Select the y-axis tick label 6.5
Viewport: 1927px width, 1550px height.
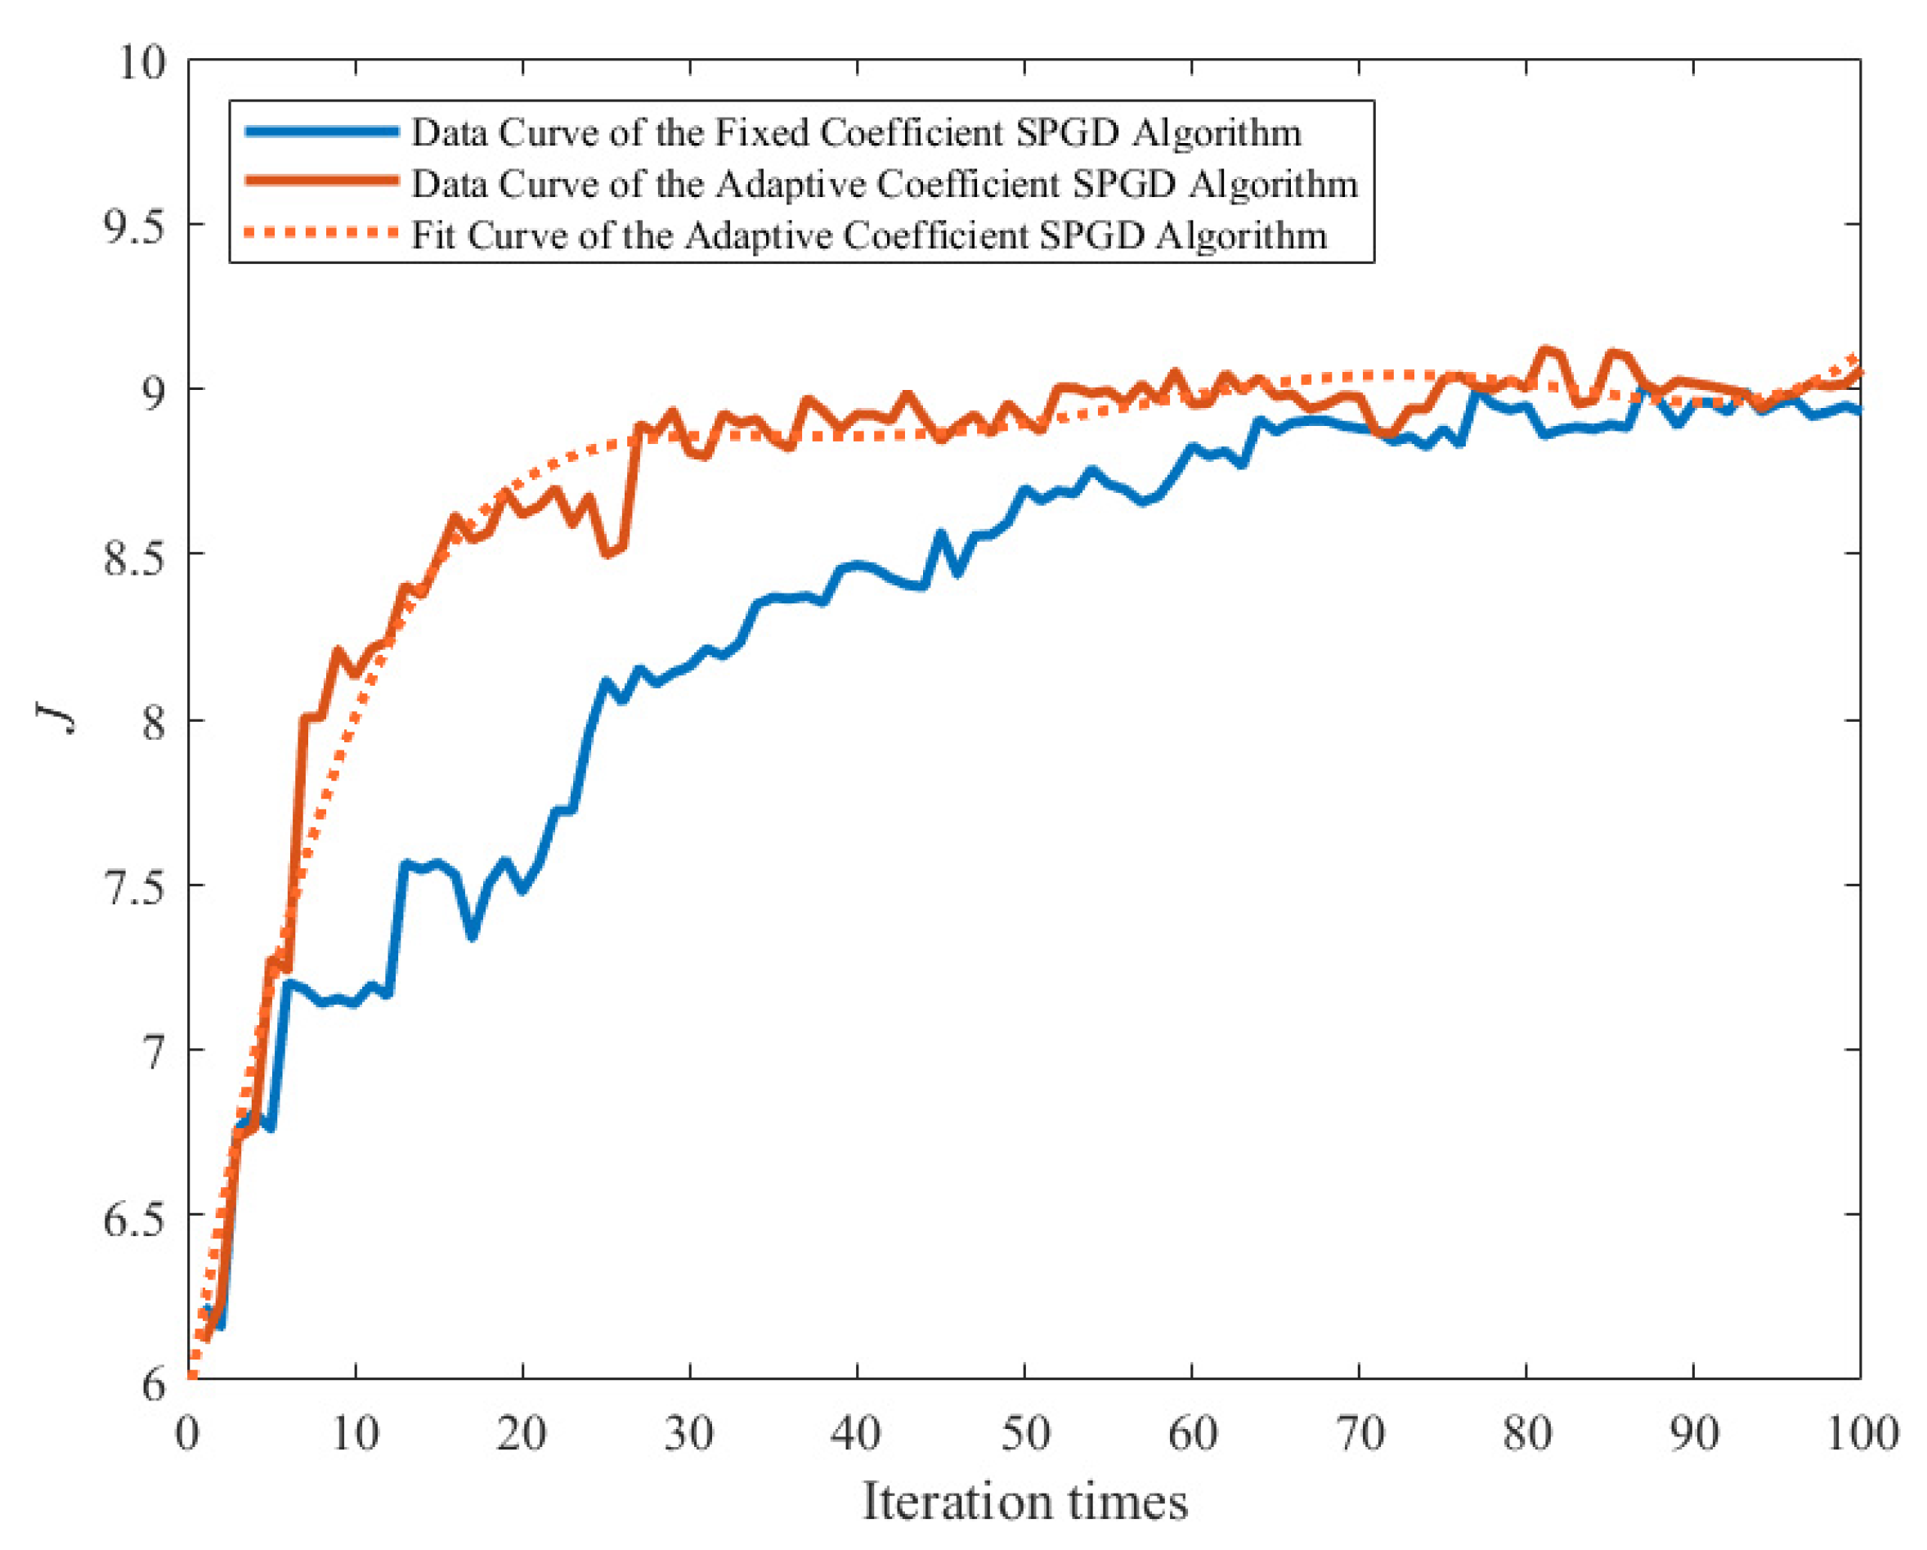point(135,1218)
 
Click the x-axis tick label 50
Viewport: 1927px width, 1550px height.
point(1024,1434)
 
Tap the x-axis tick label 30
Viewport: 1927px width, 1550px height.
point(689,1434)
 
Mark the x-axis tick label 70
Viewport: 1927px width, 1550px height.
point(1360,1434)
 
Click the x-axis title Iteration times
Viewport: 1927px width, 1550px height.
point(1024,1502)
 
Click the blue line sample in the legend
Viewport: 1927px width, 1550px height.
point(322,132)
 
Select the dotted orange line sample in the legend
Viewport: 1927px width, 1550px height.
point(322,233)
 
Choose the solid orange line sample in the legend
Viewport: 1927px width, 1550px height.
point(322,181)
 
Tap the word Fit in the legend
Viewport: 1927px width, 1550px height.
point(433,235)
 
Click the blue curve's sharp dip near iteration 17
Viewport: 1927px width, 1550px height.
point(472,936)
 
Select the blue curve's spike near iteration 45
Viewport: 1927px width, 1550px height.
point(940,535)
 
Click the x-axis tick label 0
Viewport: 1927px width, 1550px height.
point(188,1434)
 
